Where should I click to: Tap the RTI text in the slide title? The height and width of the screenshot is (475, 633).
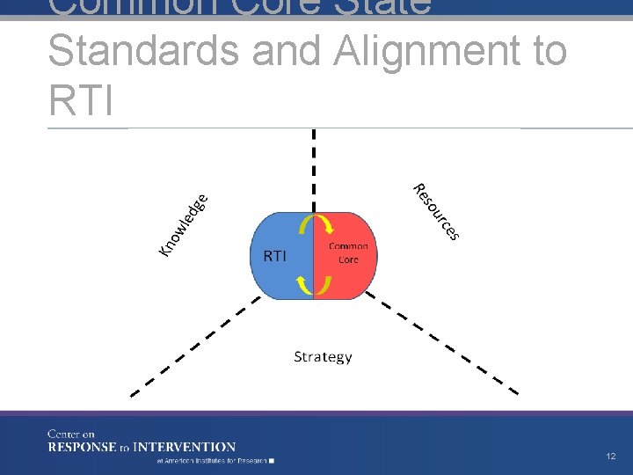(81, 99)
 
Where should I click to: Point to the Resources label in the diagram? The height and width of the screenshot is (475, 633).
(437, 211)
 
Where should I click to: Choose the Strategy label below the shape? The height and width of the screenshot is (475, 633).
(323, 356)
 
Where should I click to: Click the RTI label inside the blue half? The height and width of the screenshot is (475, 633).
(275, 255)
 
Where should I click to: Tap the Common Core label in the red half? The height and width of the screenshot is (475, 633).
(348, 252)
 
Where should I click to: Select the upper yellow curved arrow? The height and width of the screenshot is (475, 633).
(314, 225)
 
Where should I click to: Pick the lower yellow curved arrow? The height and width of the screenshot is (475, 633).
(314, 284)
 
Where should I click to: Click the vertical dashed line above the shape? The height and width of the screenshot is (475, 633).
(314, 167)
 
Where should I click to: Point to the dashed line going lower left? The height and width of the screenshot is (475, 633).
(193, 346)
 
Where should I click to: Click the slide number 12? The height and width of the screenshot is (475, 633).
(610, 457)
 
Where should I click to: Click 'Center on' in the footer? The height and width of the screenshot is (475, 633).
(71, 434)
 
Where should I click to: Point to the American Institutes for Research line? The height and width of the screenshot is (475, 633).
(215, 461)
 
